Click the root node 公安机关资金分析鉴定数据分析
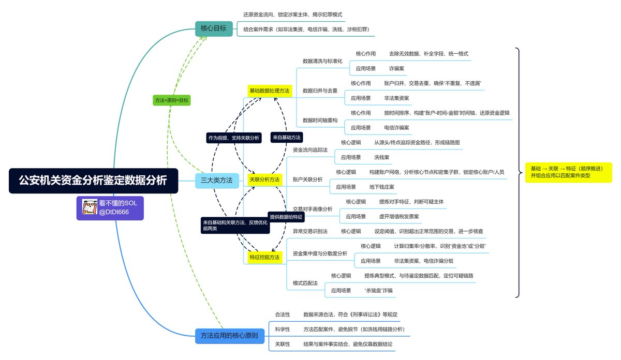click(x=93, y=181)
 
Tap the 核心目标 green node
click(x=213, y=28)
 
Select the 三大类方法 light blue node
click(x=216, y=180)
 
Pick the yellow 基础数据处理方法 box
click(x=269, y=91)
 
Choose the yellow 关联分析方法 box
click(x=264, y=179)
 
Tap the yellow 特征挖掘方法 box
click(x=264, y=257)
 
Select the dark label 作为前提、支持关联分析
click(x=233, y=138)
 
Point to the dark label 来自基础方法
click(x=286, y=138)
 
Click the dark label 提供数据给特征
click(x=287, y=216)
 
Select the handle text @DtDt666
click(x=115, y=212)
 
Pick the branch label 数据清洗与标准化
click(x=322, y=61)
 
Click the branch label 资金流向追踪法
click(x=310, y=149)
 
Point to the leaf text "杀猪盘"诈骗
click(x=378, y=291)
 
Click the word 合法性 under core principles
click(x=283, y=314)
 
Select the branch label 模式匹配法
click(x=304, y=283)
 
